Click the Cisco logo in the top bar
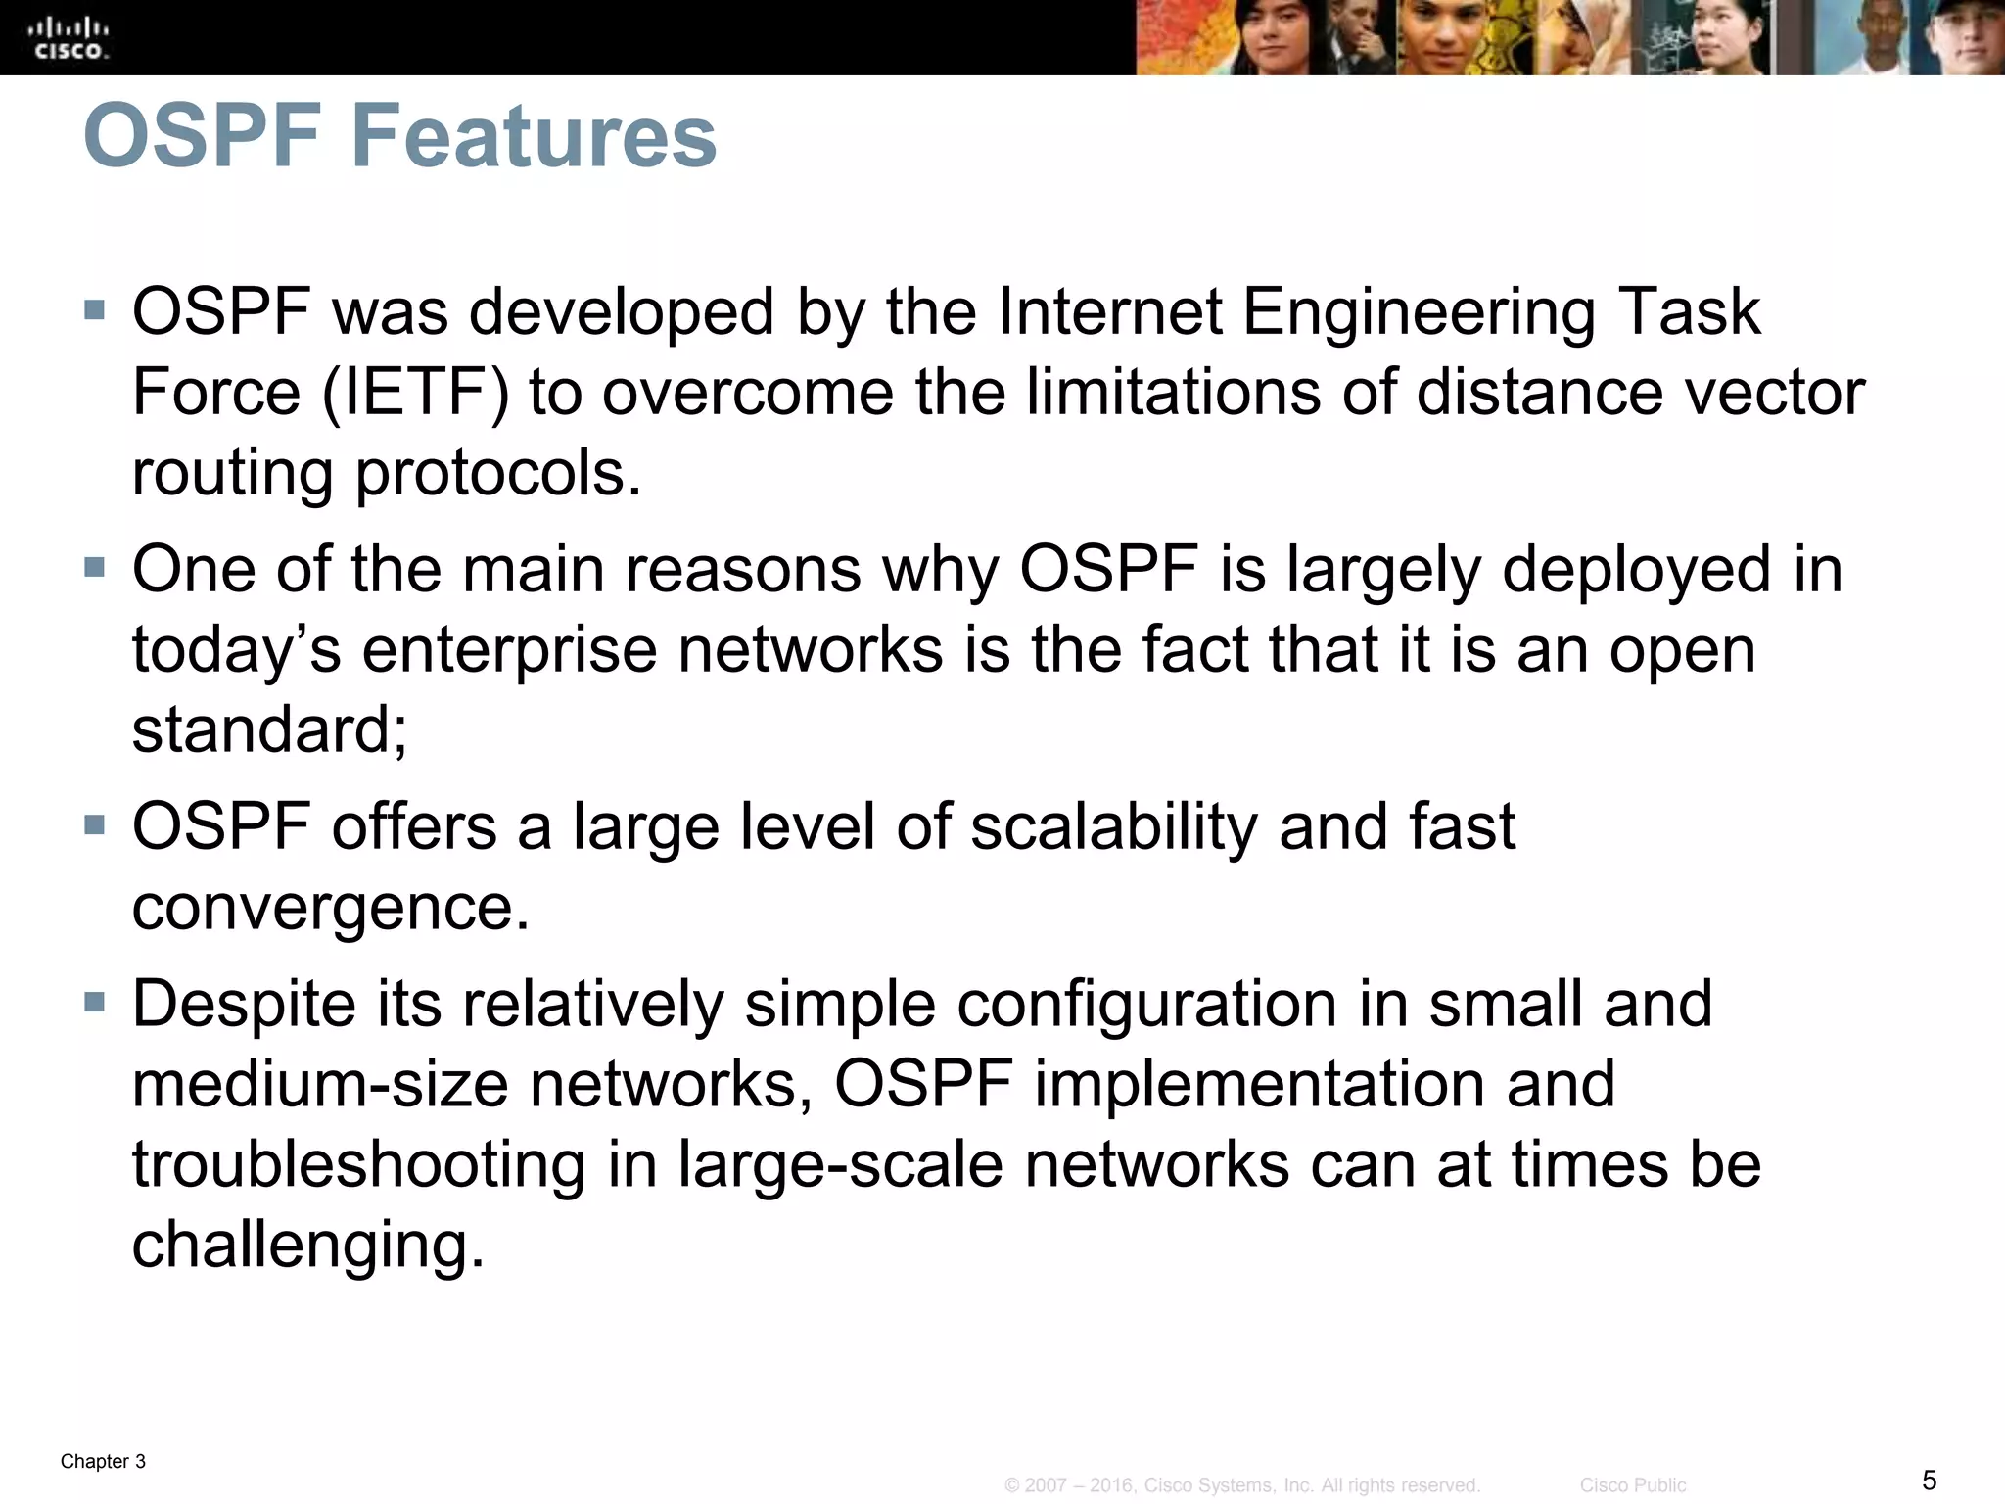(69, 37)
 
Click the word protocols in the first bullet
(497, 473)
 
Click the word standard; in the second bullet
(269, 730)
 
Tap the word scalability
(1113, 826)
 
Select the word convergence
(331, 908)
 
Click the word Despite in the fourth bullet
(244, 1005)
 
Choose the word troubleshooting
(358, 1165)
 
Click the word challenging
(308, 1245)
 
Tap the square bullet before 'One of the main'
(95, 568)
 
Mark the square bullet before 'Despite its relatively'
(95, 1003)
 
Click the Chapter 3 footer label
(103, 1461)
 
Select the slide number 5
(1930, 1480)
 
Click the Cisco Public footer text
(1633, 1485)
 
